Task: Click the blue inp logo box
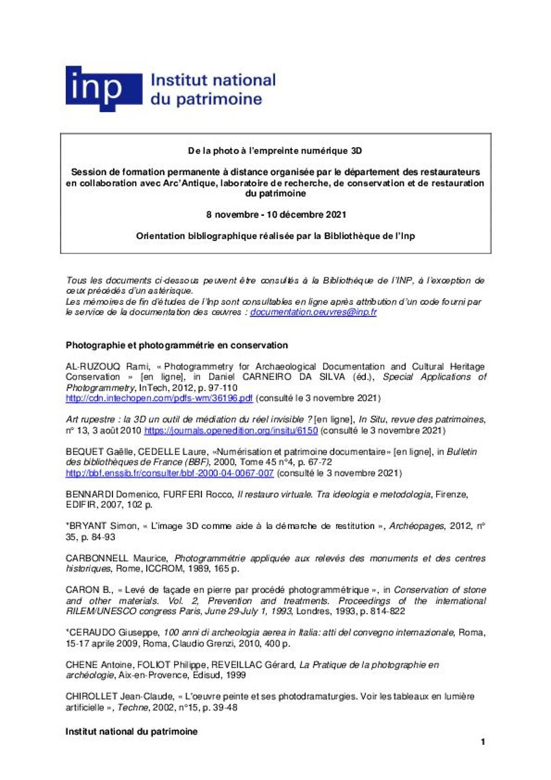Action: click(x=103, y=89)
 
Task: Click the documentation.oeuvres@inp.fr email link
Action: click(x=313, y=312)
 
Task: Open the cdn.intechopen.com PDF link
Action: click(x=159, y=396)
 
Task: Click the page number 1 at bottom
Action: click(x=483, y=742)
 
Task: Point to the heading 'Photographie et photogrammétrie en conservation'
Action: click(x=177, y=344)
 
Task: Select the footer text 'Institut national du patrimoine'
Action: click(x=131, y=731)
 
